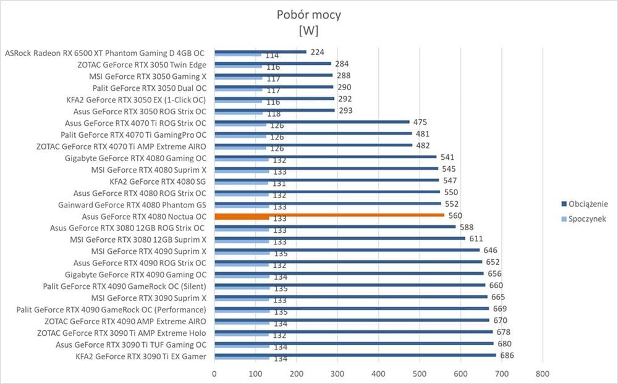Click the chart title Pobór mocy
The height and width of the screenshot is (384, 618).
click(308, 15)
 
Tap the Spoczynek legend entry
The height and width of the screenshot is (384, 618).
click(586, 219)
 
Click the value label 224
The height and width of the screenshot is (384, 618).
click(318, 52)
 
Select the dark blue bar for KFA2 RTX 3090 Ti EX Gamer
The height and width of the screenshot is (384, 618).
click(355, 355)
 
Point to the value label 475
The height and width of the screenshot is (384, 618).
click(420, 122)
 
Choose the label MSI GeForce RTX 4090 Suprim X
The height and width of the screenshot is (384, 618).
click(148, 251)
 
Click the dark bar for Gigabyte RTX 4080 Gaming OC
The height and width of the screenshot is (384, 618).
click(325, 157)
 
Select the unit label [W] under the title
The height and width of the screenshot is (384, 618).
click(308, 30)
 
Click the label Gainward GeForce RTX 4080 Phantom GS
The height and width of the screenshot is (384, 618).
click(132, 204)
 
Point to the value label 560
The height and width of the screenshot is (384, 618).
click(455, 215)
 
